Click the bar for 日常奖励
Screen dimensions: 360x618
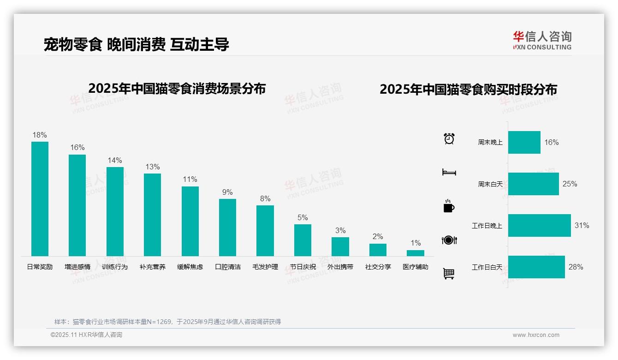pyautogui.click(x=40, y=198)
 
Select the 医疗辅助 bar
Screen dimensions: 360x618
pyautogui.click(x=415, y=253)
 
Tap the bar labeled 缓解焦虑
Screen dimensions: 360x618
pyautogui.click(x=190, y=221)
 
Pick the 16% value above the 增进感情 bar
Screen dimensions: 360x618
pyautogui.click(x=77, y=147)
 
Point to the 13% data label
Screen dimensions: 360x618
pyautogui.click(x=153, y=167)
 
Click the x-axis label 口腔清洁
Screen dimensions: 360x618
pyautogui.click(x=228, y=267)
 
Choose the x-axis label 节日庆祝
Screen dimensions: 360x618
pyautogui.click(x=303, y=267)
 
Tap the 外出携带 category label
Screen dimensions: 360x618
pyautogui.click(x=340, y=267)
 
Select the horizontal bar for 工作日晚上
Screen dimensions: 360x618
pyautogui.click(x=539, y=225)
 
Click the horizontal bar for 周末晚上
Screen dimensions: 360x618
pyautogui.click(x=524, y=142)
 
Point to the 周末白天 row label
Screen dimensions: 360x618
pyautogui.click(x=490, y=184)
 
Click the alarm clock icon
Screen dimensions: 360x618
pyautogui.click(x=449, y=138)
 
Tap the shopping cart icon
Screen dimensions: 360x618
pyautogui.click(x=449, y=274)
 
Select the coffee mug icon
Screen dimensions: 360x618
pyautogui.click(x=449, y=206)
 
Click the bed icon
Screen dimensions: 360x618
pyautogui.click(x=449, y=172)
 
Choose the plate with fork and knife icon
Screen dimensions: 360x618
pyautogui.click(x=449, y=240)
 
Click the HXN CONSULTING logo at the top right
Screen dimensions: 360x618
pyautogui.click(x=542, y=41)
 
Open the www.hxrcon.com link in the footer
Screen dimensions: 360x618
pyautogui.click(x=536, y=335)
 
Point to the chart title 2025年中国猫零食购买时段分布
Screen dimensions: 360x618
pyautogui.click(x=468, y=89)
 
